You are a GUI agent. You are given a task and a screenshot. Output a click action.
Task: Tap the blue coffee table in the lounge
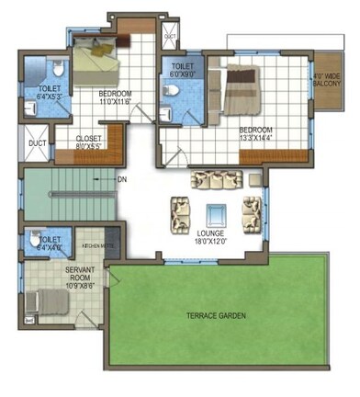click(216, 214)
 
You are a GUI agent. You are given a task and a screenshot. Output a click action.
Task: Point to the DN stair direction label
click(122, 179)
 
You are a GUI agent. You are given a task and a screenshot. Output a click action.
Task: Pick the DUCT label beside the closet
click(37, 143)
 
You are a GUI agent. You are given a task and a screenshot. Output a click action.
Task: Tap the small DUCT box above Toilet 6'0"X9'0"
click(170, 37)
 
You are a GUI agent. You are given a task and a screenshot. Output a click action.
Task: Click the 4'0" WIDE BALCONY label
click(326, 81)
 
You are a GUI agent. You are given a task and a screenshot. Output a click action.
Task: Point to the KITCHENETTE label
click(96, 246)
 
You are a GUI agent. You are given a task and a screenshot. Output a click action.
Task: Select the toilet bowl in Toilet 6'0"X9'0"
click(171, 90)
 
